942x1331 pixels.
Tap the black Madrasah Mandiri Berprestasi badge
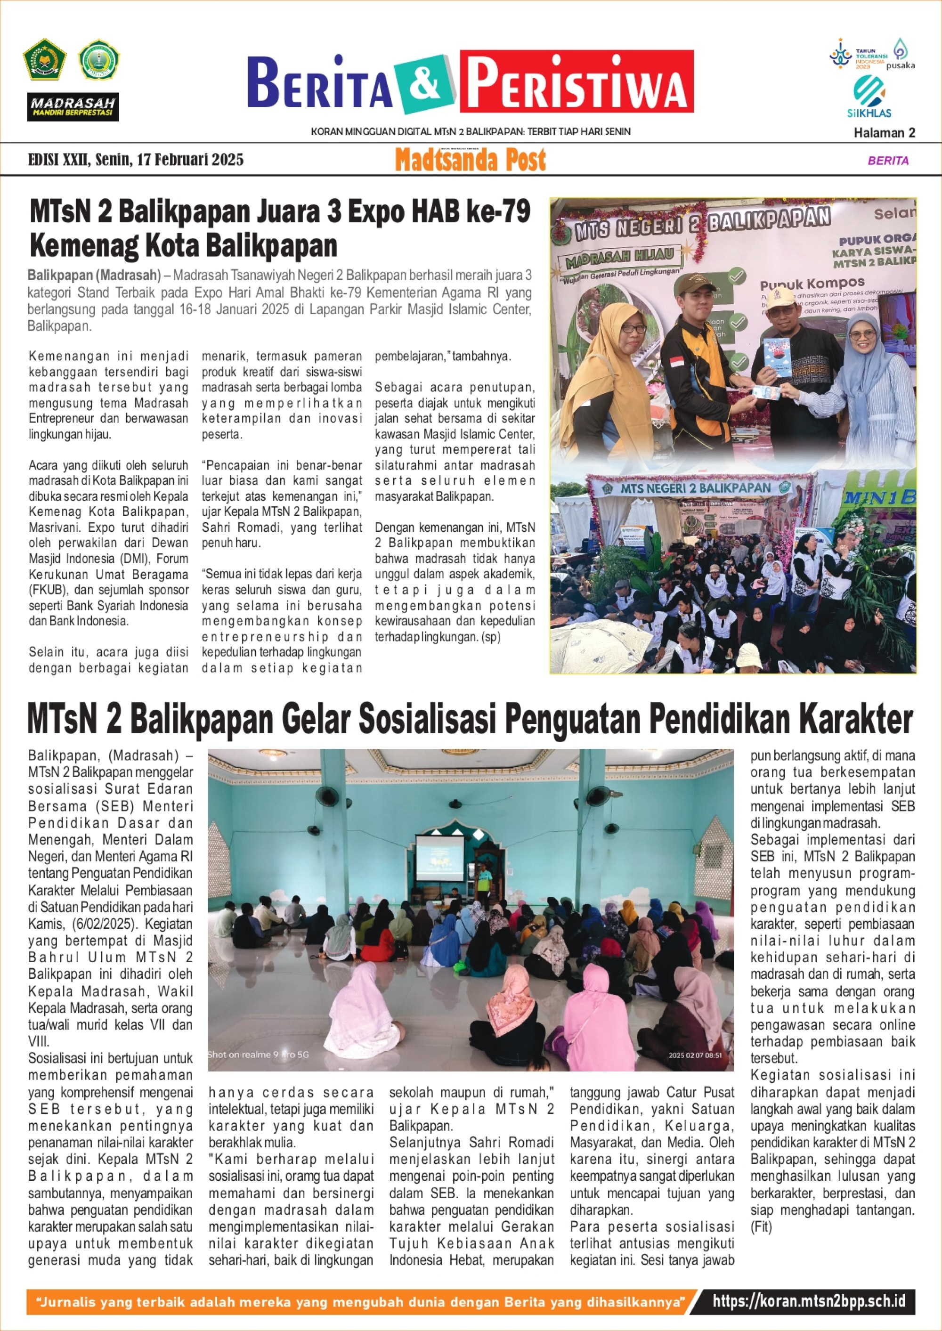(x=73, y=107)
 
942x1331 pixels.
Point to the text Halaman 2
(x=884, y=133)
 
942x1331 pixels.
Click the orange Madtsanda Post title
(x=471, y=160)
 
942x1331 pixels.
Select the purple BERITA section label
(x=887, y=161)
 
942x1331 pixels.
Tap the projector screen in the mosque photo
(x=439, y=856)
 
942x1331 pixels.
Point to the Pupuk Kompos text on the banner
(x=812, y=284)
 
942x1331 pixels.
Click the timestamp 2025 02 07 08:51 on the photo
(x=695, y=1055)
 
